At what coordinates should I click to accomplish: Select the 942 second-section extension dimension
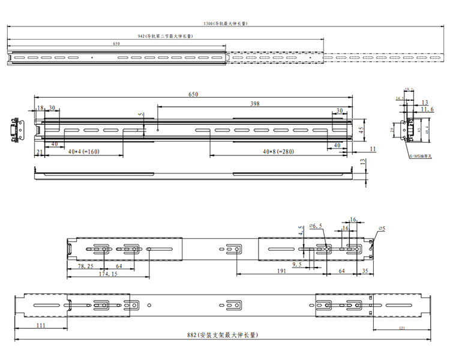164,36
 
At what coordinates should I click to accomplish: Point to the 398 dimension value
255,104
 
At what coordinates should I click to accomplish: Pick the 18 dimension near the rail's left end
40,108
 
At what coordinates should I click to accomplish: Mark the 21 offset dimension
40,152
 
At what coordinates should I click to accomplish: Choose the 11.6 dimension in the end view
427,110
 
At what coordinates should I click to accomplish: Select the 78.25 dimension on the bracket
85,265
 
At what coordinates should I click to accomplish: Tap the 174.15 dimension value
108,274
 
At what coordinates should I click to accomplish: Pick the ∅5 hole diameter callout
382,229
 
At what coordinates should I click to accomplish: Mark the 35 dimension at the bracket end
365,271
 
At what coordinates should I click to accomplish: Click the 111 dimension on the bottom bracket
41,325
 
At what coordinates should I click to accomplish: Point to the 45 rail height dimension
362,129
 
